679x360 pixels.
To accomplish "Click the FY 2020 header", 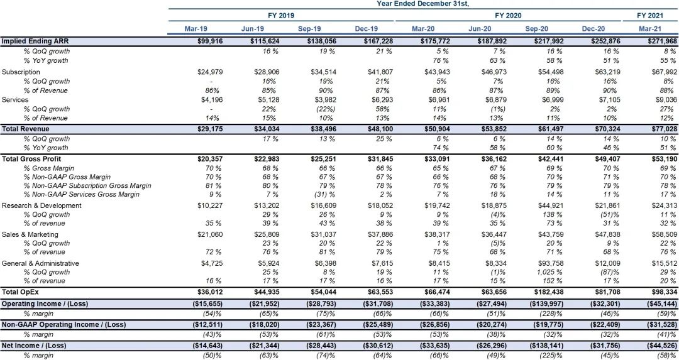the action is [509, 16].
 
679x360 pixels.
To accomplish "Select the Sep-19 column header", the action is [309, 28].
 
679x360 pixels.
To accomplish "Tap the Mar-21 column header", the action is [650, 28].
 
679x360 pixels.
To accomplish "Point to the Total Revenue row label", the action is [26, 129].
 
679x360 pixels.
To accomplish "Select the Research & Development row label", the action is [41, 205].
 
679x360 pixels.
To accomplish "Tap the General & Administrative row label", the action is [40, 263].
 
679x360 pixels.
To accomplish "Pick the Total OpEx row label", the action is [20, 292].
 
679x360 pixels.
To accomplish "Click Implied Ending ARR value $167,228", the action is [377, 41].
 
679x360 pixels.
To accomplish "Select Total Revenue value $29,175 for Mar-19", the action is [209, 129].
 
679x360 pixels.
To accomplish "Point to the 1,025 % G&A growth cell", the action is [549, 272].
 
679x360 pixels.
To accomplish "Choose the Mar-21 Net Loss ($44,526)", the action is [661, 345].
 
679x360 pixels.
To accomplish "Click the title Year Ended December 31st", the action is [422, 4].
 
